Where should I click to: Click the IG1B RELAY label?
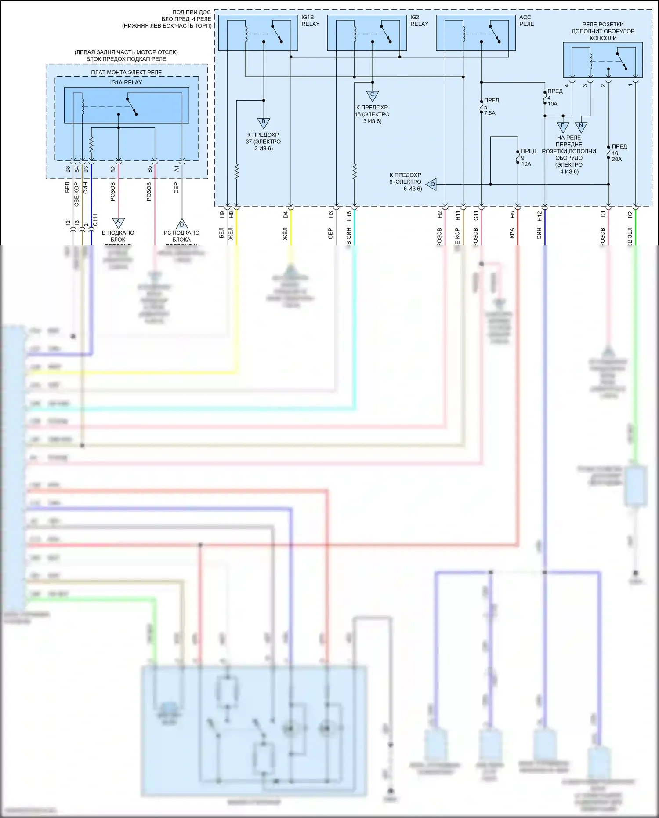(310, 21)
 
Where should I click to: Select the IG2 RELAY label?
(419, 21)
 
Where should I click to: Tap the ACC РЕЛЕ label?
(526, 21)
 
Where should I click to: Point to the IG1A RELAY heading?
(126, 82)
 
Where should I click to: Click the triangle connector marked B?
(264, 123)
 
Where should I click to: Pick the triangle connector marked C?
(372, 95)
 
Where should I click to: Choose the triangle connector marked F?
(563, 127)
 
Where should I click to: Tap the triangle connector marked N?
(581, 127)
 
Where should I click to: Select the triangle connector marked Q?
(431, 185)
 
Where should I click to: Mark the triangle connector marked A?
(118, 223)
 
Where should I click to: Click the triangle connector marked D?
(182, 224)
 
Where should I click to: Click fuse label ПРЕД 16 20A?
(619, 153)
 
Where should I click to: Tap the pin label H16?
(349, 216)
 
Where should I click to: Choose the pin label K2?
(630, 214)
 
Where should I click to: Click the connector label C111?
(95, 220)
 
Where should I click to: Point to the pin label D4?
(285, 214)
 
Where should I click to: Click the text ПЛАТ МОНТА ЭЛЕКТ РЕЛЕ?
(127, 72)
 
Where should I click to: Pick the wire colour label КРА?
(512, 233)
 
